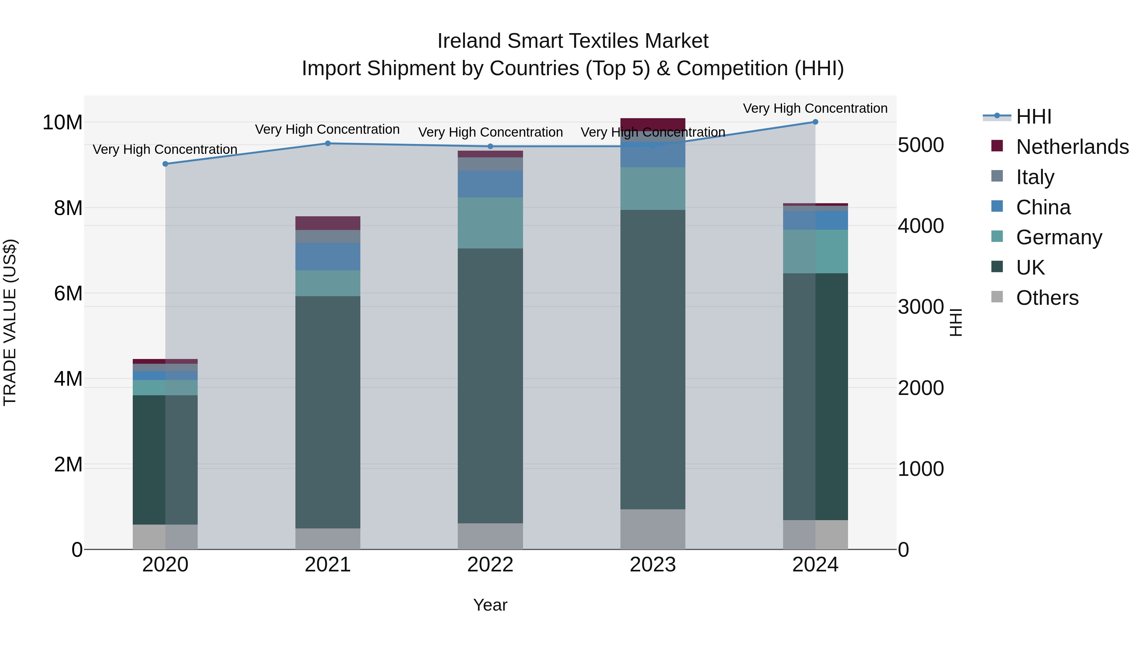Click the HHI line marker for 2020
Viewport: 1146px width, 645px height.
(x=166, y=164)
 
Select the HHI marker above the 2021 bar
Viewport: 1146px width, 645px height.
(x=328, y=143)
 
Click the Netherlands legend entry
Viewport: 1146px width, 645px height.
(x=1072, y=147)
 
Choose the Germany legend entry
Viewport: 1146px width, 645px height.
(x=1059, y=237)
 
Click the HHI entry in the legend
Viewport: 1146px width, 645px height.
(x=1033, y=117)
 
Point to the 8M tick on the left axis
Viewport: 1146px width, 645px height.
(x=68, y=208)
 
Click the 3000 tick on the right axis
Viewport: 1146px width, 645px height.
(x=920, y=307)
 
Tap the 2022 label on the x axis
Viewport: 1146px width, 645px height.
(x=490, y=565)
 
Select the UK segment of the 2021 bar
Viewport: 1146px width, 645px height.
(x=328, y=412)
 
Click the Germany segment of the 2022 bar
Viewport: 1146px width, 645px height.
(x=490, y=223)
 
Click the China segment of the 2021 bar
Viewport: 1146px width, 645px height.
(x=328, y=257)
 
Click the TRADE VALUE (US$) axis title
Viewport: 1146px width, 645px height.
(x=10, y=322)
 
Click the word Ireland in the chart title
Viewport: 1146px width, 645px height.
(x=469, y=41)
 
